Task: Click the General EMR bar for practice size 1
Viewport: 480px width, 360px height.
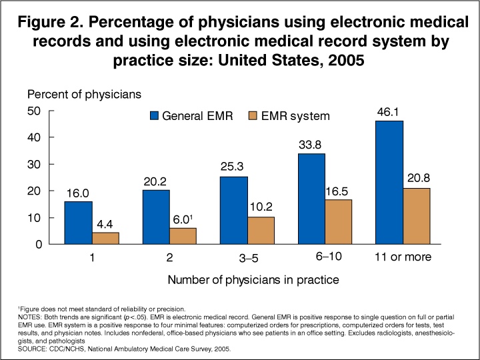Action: click(79, 223)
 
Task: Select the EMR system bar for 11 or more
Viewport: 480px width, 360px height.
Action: click(417, 216)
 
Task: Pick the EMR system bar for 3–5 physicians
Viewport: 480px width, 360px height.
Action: click(261, 230)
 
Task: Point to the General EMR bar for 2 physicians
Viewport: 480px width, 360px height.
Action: click(156, 217)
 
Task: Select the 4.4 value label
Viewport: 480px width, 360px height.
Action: click(106, 225)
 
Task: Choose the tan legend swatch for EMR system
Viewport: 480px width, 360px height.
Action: click(255, 116)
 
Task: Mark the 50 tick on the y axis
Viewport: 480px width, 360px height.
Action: click(33, 111)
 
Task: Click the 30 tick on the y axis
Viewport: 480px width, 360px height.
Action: click(33, 164)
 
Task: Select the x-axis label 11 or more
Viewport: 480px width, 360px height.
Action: click(404, 257)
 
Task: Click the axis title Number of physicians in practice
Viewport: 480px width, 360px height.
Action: click(253, 280)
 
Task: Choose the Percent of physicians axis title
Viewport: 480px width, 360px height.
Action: click(84, 94)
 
